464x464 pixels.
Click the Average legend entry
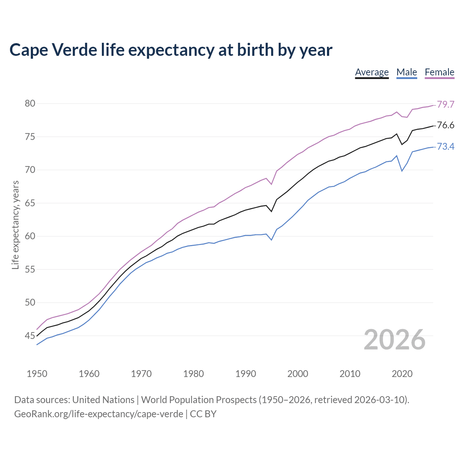point(372,72)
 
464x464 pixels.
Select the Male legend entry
point(406,72)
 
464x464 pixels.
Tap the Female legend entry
point(439,72)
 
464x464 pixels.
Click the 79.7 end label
point(446,104)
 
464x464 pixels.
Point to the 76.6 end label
point(446,125)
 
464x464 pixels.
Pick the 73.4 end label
point(446,146)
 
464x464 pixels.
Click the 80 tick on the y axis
point(30,104)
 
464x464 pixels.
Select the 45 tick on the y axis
point(30,336)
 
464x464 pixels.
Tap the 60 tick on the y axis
point(30,236)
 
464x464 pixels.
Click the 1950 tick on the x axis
point(37,374)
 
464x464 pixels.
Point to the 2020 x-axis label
point(402,374)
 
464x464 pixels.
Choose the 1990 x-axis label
point(245,374)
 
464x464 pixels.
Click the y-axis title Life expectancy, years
point(15,225)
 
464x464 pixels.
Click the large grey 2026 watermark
point(394,340)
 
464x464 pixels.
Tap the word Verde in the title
point(74,50)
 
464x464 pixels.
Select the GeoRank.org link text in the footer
point(98,414)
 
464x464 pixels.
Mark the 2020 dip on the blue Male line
point(402,171)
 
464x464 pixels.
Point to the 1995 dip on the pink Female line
point(271,184)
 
